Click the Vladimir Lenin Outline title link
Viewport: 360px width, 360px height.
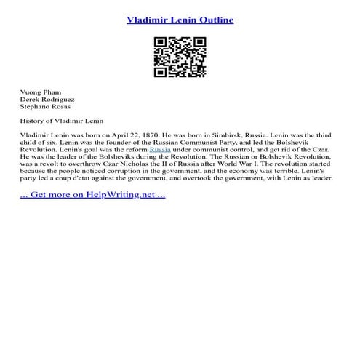[x=180, y=20]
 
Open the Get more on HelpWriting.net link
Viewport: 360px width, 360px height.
[x=92, y=196]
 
